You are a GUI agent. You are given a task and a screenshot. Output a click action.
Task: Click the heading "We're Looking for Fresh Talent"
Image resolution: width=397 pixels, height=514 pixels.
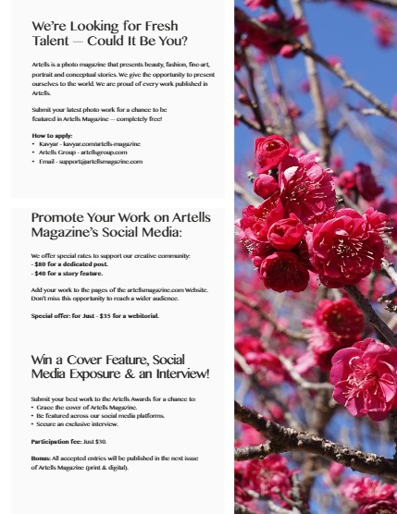pos(109,33)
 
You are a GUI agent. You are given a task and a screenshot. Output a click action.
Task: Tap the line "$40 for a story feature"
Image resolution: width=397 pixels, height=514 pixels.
pos(68,274)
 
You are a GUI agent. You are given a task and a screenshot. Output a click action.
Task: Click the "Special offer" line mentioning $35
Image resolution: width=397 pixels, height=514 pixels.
pos(94,315)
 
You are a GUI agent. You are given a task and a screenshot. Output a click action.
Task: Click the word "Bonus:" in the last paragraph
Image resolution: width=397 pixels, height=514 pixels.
pos(43,459)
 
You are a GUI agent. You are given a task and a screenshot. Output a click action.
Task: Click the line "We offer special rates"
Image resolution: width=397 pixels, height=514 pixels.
pos(110,255)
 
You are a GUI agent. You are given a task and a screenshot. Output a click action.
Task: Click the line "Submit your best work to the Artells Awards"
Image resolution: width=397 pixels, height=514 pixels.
pos(112,398)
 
